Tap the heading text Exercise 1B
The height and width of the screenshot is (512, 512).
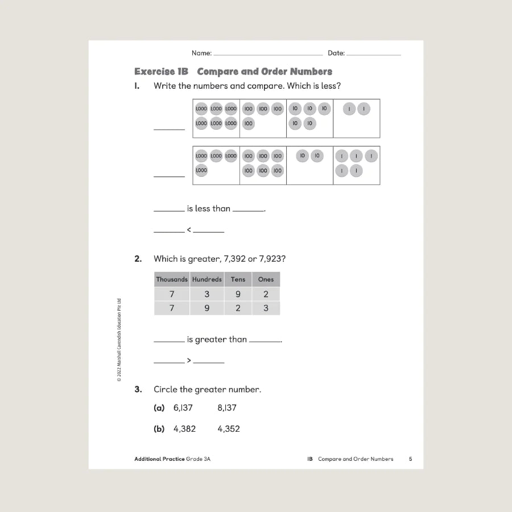(x=161, y=72)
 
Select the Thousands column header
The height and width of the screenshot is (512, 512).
(x=172, y=279)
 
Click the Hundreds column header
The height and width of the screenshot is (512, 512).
(x=207, y=279)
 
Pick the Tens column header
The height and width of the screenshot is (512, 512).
(x=238, y=279)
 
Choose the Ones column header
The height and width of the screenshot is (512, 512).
(x=266, y=279)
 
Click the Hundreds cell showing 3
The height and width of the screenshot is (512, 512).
(x=207, y=294)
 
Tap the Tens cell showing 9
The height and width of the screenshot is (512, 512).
(x=238, y=294)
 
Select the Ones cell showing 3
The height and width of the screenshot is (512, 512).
(x=266, y=308)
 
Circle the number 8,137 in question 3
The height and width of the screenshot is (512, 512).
(x=227, y=408)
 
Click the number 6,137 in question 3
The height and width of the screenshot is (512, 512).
(x=183, y=408)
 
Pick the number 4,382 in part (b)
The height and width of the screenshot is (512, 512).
(x=184, y=429)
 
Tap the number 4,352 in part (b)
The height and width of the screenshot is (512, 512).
(x=229, y=429)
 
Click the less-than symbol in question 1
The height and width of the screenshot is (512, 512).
(x=189, y=230)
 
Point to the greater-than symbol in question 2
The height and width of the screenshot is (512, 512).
(x=189, y=361)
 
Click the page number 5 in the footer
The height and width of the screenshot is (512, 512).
(x=410, y=459)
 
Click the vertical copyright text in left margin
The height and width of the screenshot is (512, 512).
(x=119, y=340)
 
